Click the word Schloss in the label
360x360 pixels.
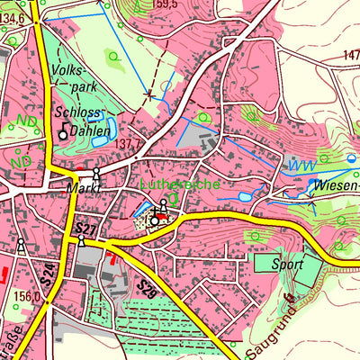[74, 114]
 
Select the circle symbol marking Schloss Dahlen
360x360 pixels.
[63, 134]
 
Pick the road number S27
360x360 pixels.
[86, 229]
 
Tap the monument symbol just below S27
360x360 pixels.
[82, 241]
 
